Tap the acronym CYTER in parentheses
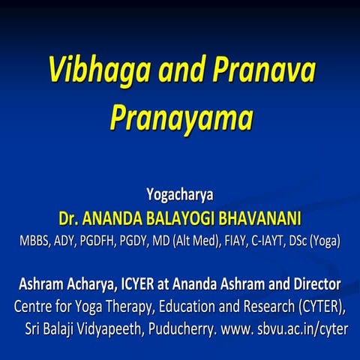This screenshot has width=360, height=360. (x=318, y=307)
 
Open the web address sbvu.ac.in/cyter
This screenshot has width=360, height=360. (x=300, y=329)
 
